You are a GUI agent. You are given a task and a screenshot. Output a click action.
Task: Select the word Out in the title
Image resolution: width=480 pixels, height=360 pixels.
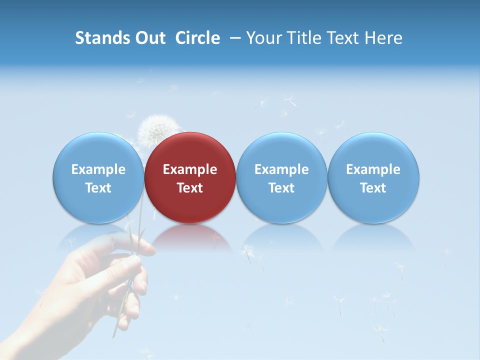[149, 38]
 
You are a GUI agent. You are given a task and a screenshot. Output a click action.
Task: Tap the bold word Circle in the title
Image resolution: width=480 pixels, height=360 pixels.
[197, 38]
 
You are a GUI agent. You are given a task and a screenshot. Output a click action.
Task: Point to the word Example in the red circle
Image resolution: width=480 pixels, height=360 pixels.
[190, 169]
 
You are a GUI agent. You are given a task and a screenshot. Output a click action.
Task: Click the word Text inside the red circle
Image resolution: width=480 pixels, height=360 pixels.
[190, 188]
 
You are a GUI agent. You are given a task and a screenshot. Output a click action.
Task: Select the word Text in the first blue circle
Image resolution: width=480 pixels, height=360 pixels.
[98, 188]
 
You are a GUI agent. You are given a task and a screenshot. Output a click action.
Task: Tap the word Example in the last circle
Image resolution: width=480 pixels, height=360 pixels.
[373, 169]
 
